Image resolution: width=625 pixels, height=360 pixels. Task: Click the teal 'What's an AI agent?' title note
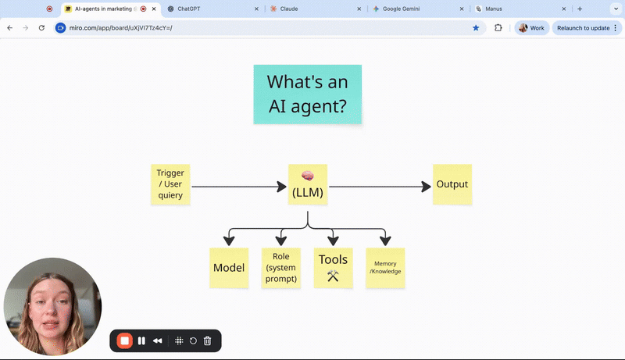pyautogui.click(x=307, y=94)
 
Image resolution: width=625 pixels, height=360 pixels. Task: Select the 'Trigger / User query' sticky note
pyautogui.click(x=170, y=184)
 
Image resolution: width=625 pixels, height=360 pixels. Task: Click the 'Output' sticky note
pyautogui.click(x=452, y=184)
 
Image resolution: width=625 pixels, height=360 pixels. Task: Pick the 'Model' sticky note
pyautogui.click(x=229, y=268)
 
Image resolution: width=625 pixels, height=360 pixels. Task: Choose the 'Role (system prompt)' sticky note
pyautogui.click(x=281, y=268)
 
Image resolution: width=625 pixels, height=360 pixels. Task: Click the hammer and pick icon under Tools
pyautogui.click(x=333, y=276)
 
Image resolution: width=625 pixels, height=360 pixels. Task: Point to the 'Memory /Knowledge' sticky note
pyautogui.click(x=385, y=268)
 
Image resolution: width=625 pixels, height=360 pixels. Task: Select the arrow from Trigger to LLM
pyautogui.click(x=238, y=187)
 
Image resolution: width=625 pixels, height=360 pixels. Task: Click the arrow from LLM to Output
pyautogui.click(x=379, y=187)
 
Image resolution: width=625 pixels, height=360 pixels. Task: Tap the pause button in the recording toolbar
pyautogui.click(x=141, y=340)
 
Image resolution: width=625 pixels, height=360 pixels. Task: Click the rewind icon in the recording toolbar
pyautogui.click(x=158, y=340)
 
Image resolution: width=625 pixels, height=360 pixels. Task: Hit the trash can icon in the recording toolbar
pyautogui.click(x=208, y=340)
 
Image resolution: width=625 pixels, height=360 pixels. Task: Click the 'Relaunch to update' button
pyautogui.click(x=583, y=27)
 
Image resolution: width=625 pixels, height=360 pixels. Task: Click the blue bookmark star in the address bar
pyautogui.click(x=476, y=27)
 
